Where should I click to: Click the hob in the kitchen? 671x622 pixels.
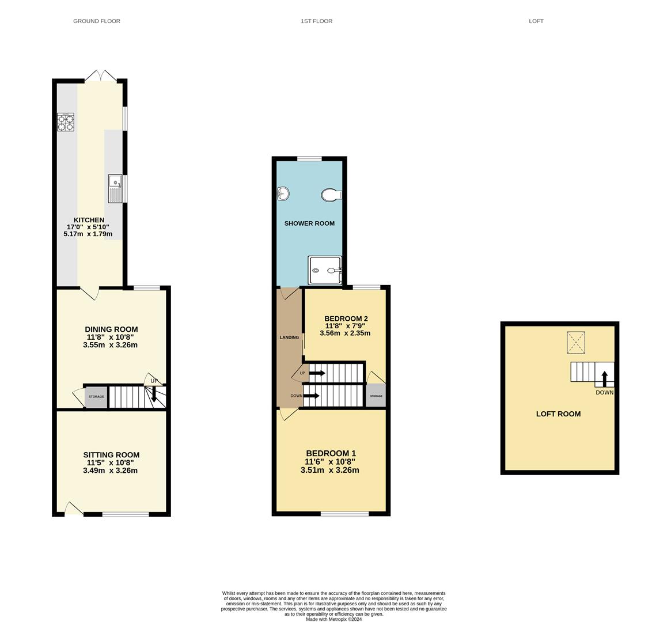click(66, 122)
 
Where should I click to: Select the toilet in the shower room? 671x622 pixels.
click(331, 195)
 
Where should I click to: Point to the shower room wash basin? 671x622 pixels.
click(283, 194)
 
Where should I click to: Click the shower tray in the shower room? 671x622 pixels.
click(325, 270)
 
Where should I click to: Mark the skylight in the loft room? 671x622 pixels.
click(576, 343)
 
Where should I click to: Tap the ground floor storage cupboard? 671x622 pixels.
click(96, 397)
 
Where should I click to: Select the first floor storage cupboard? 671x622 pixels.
click(376, 396)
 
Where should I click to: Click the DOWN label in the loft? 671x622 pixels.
click(604, 392)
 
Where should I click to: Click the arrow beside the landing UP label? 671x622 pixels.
click(317, 373)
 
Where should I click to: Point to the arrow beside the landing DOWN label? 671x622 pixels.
click(311, 396)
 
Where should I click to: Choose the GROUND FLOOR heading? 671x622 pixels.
click(97, 21)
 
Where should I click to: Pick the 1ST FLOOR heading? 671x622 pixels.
click(317, 21)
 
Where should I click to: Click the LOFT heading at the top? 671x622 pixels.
click(536, 21)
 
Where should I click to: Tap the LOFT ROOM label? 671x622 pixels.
click(559, 414)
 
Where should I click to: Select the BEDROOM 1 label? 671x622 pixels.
click(331, 453)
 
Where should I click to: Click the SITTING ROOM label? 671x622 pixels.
click(111, 455)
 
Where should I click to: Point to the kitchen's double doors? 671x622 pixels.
click(101, 75)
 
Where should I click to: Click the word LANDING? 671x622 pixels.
click(289, 337)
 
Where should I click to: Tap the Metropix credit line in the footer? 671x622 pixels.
click(334, 619)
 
